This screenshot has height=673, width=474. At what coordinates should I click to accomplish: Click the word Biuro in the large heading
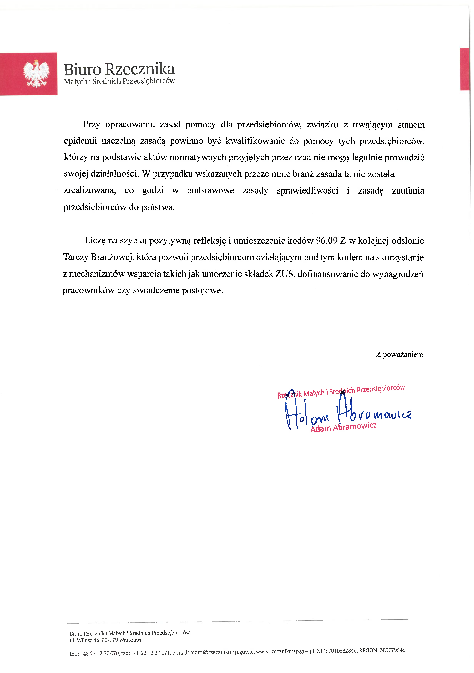pos(82,70)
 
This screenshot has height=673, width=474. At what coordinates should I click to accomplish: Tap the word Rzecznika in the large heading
pos(140,69)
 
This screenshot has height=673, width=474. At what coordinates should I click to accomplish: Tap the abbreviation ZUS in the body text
pos(284,274)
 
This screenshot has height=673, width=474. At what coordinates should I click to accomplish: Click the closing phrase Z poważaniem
pos(399,355)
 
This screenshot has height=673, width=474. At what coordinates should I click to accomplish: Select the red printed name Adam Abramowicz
pos(343,427)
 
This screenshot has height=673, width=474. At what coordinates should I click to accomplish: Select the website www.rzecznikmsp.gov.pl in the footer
pos(285,651)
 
